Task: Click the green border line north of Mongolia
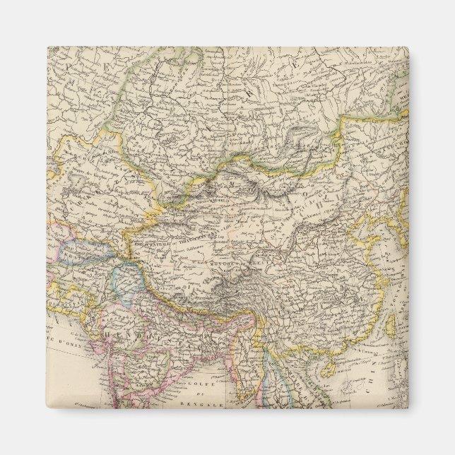(283, 152)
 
